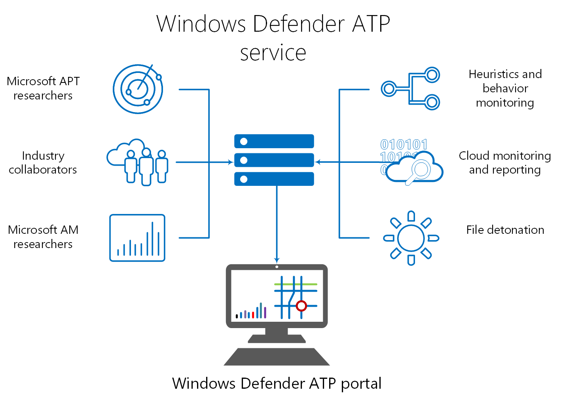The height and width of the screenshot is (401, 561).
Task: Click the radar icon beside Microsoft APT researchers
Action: pos(138,89)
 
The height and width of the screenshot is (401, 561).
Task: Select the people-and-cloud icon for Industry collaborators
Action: pos(138,162)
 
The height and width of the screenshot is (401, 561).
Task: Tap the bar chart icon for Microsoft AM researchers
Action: pos(137,238)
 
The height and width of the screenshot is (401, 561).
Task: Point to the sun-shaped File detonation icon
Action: pos(411,238)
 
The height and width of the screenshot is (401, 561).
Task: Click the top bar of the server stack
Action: pos(274,141)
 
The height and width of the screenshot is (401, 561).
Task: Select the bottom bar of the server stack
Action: pos(274,179)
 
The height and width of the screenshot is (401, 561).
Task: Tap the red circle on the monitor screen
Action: pos(301,306)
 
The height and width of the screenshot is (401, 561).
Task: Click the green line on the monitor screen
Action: pos(296,284)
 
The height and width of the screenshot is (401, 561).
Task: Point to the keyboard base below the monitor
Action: pos(277,357)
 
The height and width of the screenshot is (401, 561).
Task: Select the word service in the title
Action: pos(273,53)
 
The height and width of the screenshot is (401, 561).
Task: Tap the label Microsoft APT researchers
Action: pos(43,88)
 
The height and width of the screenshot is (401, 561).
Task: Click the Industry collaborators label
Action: pos(43,162)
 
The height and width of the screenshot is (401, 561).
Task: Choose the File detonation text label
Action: pos(505,230)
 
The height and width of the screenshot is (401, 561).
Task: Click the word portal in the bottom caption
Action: pos(361,384)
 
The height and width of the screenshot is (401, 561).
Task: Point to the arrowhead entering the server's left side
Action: pos(230,162)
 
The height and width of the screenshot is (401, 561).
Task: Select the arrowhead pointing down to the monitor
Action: pos(277,260)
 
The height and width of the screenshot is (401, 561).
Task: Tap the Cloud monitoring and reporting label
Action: pos(505,162)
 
